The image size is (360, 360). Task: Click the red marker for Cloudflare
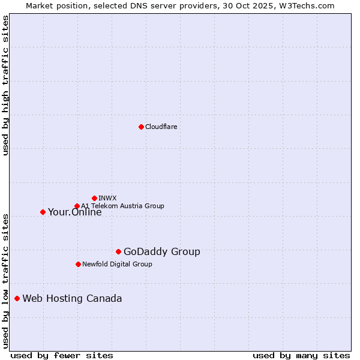pos(141,127)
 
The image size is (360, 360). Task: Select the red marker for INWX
pos(94,198)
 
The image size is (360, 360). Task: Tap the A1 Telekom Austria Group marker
pos(77,206)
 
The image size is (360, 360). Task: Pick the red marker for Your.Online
pos(43,212)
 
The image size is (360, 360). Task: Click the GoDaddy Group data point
pos(118,251)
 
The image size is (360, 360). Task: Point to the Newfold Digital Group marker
pos(78,264)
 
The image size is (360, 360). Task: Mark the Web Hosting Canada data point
pos(17,298)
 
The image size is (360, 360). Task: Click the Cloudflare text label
pos(161,127)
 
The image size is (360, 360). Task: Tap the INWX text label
pos(107,198)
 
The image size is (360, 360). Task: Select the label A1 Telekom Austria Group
pos(122,206)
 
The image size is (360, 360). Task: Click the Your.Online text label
pos(74,212)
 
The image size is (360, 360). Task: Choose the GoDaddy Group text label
pos(161,251)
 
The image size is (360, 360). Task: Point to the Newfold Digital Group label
pos(117,264)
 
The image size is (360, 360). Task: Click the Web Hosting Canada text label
pos(72,298)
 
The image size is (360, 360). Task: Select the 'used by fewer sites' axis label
pos(62,355)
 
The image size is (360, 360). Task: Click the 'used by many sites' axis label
pos(301,355)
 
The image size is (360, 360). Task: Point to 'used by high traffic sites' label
pos(5,85)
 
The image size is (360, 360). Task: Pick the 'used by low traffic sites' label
pos(5,281)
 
